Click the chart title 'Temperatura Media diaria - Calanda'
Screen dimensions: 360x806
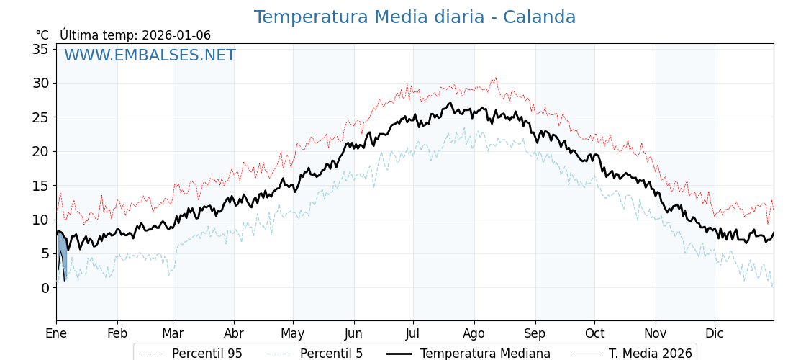(x=415, y=17)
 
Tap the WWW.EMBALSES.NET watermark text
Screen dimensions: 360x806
(x=150, y=55)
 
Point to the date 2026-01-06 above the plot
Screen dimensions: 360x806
(x=176, y=35)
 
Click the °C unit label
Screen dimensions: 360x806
(x=42, y=35)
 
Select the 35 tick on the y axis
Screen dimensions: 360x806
(x=40, y=49)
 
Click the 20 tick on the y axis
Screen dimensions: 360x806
(x=40, y=151)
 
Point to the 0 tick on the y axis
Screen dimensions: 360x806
(x=45, y=288)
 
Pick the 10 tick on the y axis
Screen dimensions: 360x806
(x=40, y=220)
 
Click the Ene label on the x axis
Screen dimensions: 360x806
(x=56, y=333)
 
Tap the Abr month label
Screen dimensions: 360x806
(x=234, y=333)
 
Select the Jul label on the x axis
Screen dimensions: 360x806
(x=413, y=333)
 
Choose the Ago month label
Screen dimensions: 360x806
(x=474, y=333)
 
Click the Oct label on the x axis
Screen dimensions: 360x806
(x=594, y=333)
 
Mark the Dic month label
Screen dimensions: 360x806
(x=715, y=333)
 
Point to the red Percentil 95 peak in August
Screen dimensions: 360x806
(x=495, y=78)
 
